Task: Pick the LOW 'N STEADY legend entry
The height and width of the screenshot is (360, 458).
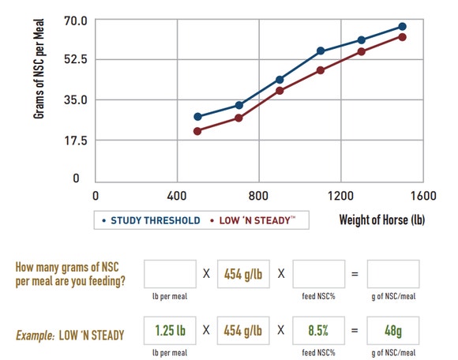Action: (x=256, y=220)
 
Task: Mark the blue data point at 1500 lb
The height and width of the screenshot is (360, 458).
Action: (x=402, y=27)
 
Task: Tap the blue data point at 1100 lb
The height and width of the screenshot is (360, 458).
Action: (x=321, y=51)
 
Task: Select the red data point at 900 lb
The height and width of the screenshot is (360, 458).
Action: (x=280, y=91)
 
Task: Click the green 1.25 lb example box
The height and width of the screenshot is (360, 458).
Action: (x=170, y=329)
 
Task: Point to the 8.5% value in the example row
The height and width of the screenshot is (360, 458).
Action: (x=318, y=329)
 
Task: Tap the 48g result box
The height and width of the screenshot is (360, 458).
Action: (x=392, y=329)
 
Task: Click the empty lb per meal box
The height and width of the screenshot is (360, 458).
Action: (x=170, y=274)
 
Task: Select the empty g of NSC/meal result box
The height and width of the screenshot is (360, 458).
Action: (x=392, y=274)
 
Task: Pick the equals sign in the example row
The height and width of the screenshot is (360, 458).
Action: (x=355, y=329)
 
